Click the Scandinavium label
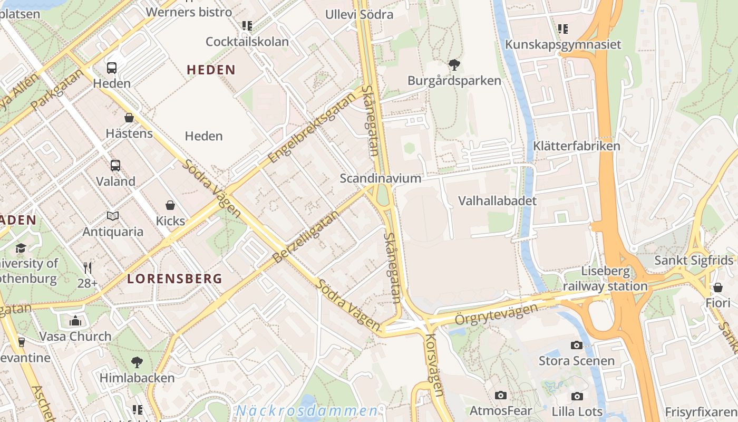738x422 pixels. click(381, 178)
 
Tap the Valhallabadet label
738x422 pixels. click(497, 201)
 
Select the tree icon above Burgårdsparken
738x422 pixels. click(454, 65)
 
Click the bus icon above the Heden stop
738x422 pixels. click(112, 68)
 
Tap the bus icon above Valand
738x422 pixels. click(115, 165)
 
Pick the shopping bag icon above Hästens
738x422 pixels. click(129, 118)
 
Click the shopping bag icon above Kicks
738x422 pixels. click(170, 205)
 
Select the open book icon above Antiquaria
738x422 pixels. click(113, 216)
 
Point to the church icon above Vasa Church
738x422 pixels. click(75, 321)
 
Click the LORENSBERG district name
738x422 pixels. click(174, 279)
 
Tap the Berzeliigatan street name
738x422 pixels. click(305, 235)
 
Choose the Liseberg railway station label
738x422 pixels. click(605, 279)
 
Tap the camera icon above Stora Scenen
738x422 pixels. click(577, 345)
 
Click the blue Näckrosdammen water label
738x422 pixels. click(307, 410)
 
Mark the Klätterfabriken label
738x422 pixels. click(577, 146)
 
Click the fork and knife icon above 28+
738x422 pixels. click(88, 268)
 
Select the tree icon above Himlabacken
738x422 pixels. click(137, 362)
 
